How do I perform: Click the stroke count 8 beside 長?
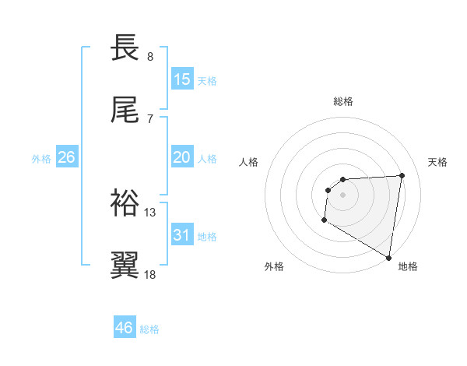(x=150, y=56)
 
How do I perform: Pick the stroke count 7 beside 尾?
(x=150, y=118)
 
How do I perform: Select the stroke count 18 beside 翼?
(x=151, y=274)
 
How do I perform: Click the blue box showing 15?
(x=182, y=79)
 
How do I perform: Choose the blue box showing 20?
(x=182, y=157)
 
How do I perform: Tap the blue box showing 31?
(x=182, y=235)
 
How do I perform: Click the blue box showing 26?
(x=66, y=157)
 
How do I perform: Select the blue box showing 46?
(x=124, y=328)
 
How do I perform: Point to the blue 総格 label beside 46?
(x=149, y=329)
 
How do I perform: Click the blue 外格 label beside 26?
(x=41, y=159)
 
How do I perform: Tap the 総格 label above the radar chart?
(x=343, y=101)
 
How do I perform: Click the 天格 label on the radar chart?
(x=438, y=162)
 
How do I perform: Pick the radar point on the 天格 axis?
(x=402, y=175)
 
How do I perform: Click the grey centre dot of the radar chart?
(x=342, y=195)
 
